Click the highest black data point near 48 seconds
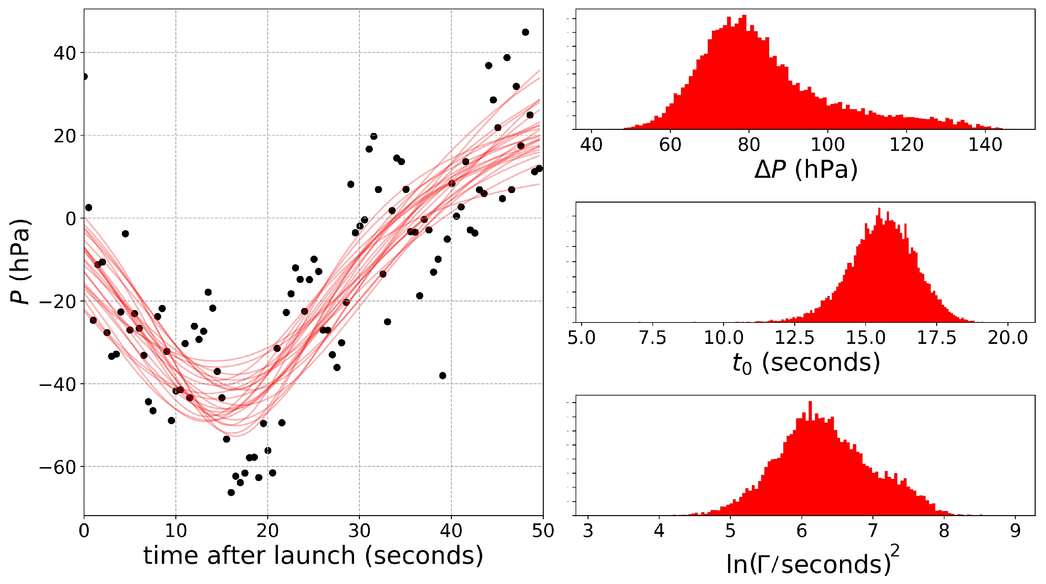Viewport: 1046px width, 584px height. [x=525, y=32]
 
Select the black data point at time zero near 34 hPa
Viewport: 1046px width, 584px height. [x=84, y=77]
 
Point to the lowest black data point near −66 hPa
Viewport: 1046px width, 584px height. [x=231, y=493]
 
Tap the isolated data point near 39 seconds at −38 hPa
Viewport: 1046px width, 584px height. [x=443, y=376]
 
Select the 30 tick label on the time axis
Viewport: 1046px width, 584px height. [x=359, y=531]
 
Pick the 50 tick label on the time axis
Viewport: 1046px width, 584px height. [x=543, y=531]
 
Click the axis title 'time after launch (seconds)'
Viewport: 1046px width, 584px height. [x=313, y=555]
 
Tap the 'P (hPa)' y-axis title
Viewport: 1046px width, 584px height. [x=20, y=262]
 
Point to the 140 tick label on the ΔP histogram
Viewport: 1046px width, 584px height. [x=985, y=145]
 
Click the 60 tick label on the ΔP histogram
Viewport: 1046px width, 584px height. [x=670, y=145]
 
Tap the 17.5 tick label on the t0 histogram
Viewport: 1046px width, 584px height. [x=936, y=338]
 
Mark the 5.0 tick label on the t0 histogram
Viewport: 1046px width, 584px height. [x=581, y=338]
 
